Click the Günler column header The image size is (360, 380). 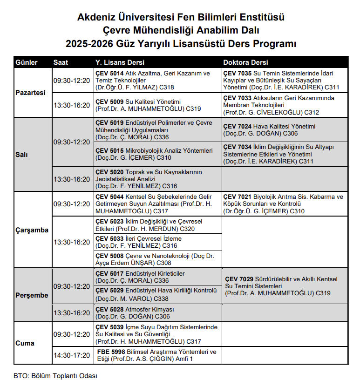[x=27, y=62]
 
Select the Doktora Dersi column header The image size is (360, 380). [x=245, y=62]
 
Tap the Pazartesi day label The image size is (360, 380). [x=31, y=93]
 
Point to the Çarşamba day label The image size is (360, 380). [x=32, y=230]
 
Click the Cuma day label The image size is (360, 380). [x=25, y=343]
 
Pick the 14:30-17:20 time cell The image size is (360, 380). [x=71, y=355]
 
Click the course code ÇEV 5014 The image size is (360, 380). [x=109, y=74]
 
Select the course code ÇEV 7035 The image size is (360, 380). [x=238, y=74]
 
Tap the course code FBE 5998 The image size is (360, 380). [x=112, y=352]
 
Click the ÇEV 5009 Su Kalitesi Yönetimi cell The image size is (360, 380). [x=157, y=105]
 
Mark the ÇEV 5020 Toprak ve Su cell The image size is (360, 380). [x=157, y=179]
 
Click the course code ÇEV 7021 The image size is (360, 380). [x=238, y=197]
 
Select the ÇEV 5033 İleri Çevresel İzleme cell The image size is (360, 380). [x=157, y=242]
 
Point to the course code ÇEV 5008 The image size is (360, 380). [x=109, y=256]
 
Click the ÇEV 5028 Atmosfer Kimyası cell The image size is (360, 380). [x=157, y=313]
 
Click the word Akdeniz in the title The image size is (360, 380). [x=97, y=18]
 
